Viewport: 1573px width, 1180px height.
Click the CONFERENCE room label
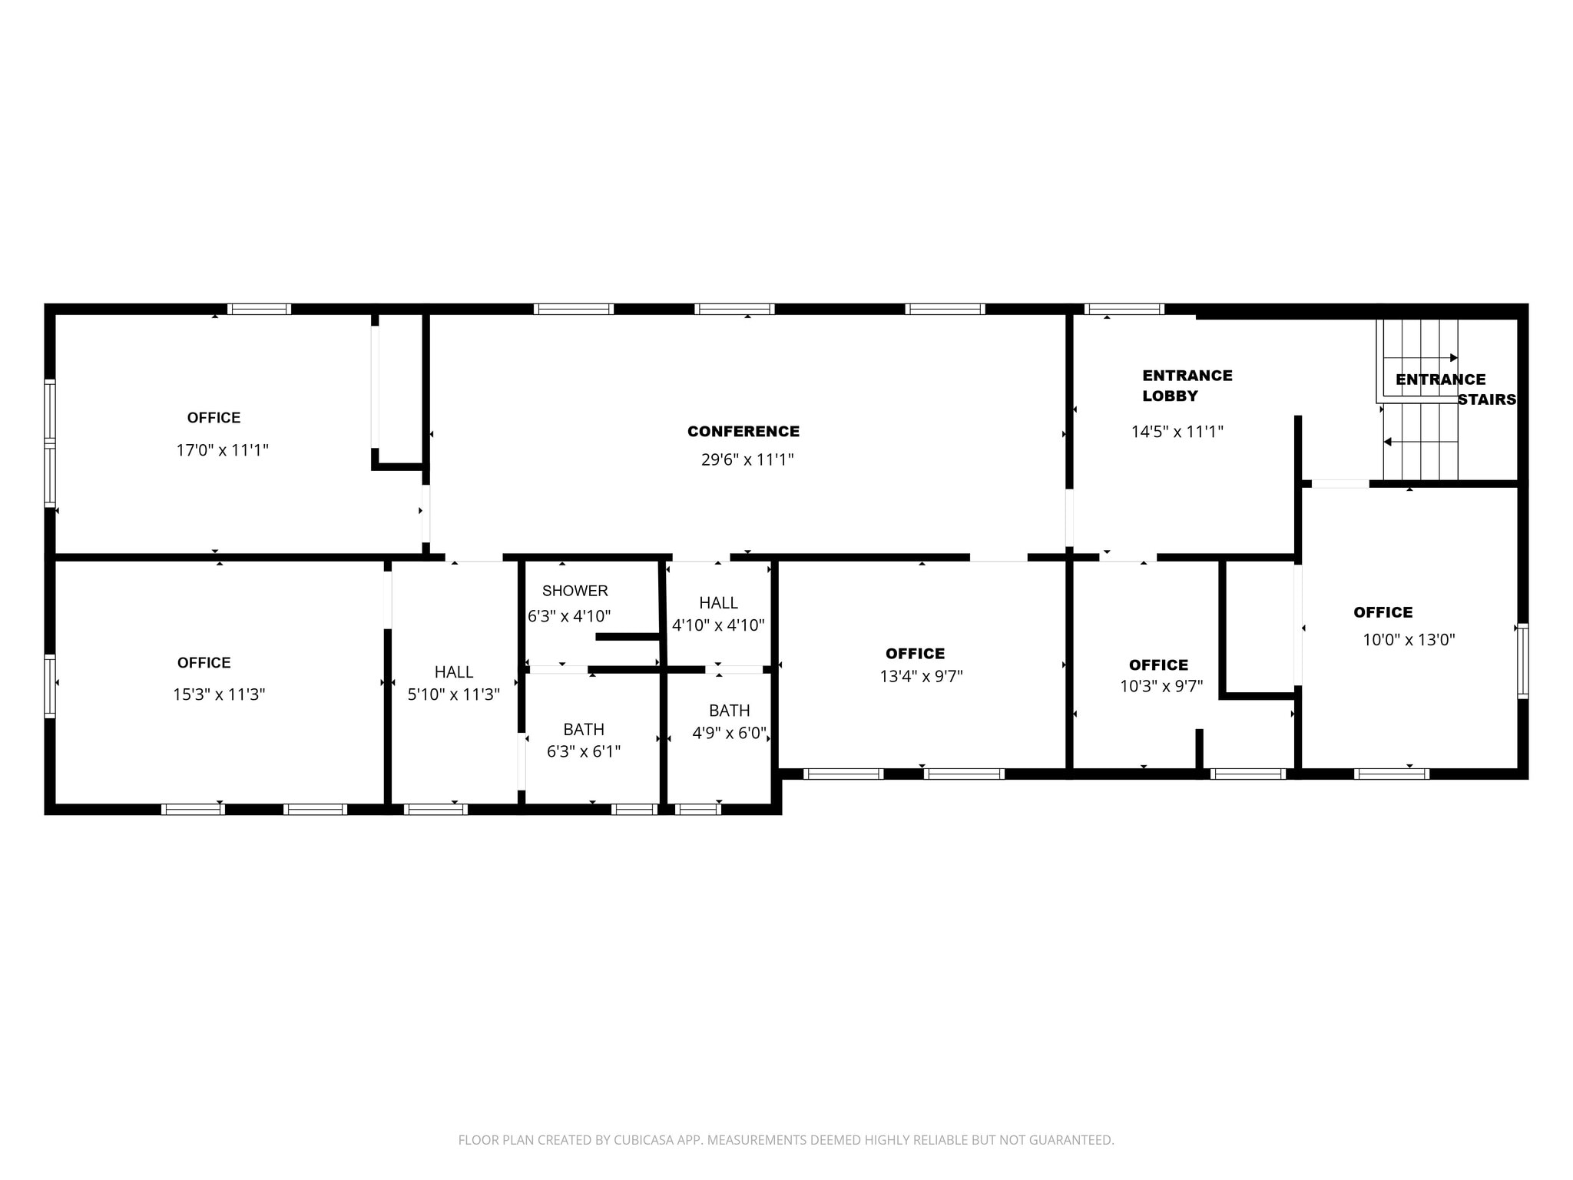click(743, 432)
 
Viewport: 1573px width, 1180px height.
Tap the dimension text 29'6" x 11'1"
click(747, 460)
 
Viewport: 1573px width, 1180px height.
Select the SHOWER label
click(575, 591)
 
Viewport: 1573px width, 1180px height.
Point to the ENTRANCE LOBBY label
click(1187, 386)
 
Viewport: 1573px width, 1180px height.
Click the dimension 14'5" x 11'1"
click(1177, 432)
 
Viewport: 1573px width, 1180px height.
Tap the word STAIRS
click(1487, 399)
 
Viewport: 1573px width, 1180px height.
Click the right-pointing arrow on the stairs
click(1452, 358)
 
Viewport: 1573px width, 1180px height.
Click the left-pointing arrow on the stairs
click(1388, 442)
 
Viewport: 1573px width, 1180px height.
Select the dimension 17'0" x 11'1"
click(222, 450)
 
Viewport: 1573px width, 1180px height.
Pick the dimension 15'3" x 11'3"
click(219, 694)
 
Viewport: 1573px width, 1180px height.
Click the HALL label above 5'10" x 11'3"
click(453, 672)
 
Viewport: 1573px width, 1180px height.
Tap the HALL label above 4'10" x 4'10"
click(718, 603)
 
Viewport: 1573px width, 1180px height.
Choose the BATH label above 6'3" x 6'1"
click(584, 729)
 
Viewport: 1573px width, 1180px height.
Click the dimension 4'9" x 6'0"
click(729, 733)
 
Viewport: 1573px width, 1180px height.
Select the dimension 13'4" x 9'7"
click(921, 677)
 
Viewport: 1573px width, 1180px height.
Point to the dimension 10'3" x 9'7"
click(1161, 686)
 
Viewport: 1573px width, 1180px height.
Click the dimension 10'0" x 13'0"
click(1409, 640)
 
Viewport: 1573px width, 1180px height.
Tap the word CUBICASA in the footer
click(644, 1140)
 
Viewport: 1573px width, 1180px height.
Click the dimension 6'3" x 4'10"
click(569, 616)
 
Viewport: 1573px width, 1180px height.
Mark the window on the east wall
click(1522, 661)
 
